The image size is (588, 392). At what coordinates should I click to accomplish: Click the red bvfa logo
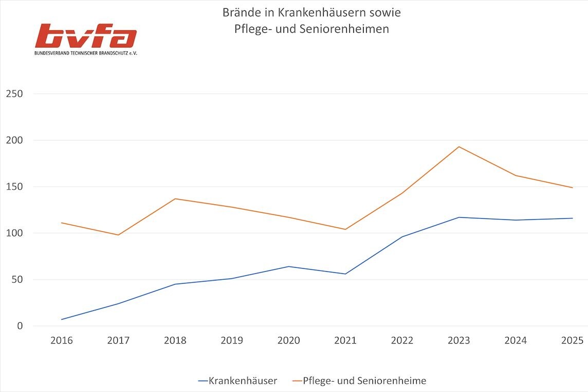pyautogui.click(x=85, y=36)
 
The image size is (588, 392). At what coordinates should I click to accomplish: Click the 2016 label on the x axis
pyautogui.click(x=62, y=341)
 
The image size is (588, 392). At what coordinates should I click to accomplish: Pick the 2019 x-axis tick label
pyautogui.click(x=232, y=341)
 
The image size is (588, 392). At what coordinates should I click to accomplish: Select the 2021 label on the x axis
pyautogui.click(x=345, y=341)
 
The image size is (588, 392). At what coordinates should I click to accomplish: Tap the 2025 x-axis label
pyautogui.click(x=572, y=341)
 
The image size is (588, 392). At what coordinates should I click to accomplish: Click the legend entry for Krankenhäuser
pyautogui.click(x=237, y=381)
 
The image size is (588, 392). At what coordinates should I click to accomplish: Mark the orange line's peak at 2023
pyautogui.click(x=458, y=147)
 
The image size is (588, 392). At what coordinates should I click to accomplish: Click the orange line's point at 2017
pyautogui.click(x=118, y=235)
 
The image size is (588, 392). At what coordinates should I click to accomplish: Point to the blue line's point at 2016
pyautogui.click(x=62, y=320)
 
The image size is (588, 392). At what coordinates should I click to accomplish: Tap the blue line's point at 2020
pyautogui.click(x=288, y=266)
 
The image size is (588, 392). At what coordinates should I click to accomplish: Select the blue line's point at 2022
pyautogui.click(x=402, y=237)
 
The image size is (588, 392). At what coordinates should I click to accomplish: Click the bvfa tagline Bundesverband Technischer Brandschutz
pyautogui.click(x=85, y=53)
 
